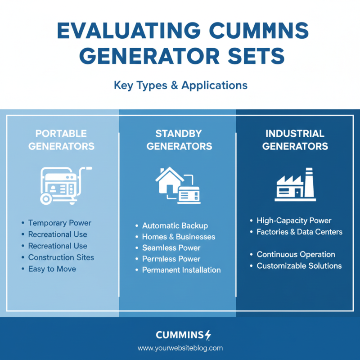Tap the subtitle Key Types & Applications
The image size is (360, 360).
(x=180, y=85)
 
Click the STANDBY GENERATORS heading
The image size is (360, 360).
(x=179, y=140)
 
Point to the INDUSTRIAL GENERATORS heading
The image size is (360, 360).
(x=295, y=140)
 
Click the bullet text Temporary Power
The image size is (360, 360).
(x=59, y=223)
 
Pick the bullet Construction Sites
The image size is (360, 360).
(x=61, y=257)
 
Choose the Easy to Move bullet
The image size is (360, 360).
(x=52, y=269)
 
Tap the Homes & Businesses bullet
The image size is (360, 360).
(x=178, y=237)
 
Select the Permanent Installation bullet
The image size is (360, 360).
(x=181, y=270)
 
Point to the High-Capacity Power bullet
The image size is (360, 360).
(x=293, y=220)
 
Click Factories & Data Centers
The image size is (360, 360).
(x=299, y=232)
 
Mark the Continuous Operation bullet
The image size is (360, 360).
(x=295, y=254)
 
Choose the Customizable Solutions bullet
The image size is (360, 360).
(x=299, y=265)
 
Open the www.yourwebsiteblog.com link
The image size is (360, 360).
(x=180, y=348)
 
